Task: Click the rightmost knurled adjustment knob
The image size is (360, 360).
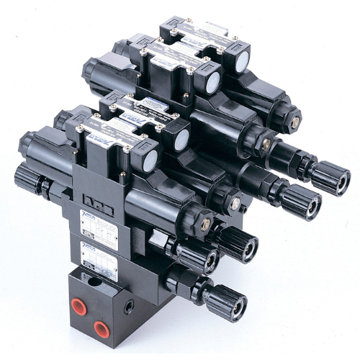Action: pyautogui.click(x=334, y=177)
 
